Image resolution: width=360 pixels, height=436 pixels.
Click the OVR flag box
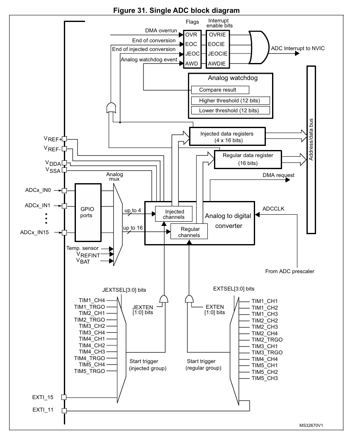tap(192, 34)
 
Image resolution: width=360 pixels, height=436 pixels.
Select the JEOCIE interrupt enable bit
tap(218, 53)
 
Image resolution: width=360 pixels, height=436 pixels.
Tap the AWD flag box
tap(192, 64)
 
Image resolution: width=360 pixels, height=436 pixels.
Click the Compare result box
tap(220, 90)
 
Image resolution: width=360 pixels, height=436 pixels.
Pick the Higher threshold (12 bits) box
tap(230, 101)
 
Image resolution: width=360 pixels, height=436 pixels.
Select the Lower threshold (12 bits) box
tap(230, 110)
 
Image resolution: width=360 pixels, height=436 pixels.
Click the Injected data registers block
tap(227, 136)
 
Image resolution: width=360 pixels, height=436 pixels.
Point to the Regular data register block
tap(248, 159)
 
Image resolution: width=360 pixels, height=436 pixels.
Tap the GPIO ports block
tap(88, 213)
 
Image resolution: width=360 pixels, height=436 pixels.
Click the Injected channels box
tap(174, 214)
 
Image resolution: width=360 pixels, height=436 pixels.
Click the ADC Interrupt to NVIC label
tap(298, 48)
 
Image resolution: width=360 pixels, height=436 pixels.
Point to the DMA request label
tap(278, 175)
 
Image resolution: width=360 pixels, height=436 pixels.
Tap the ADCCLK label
tap(273, 209)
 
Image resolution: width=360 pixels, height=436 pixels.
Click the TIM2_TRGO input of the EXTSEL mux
tap(267, 340)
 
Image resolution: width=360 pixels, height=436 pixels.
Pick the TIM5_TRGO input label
tap(90, 371)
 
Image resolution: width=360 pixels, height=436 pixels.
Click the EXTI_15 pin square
tap(64, 397)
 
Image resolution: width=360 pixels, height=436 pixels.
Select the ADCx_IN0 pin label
tap(38, 190)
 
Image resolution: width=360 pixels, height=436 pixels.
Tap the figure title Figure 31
tap(130, 10)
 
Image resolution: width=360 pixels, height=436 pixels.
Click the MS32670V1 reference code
tap(311, 426)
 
